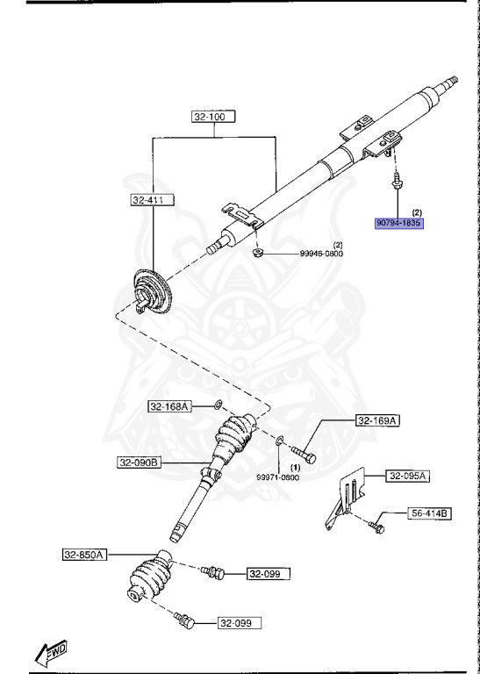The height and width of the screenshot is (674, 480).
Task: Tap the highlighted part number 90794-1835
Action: [399, 224]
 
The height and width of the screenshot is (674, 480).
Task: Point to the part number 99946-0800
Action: [321, 254]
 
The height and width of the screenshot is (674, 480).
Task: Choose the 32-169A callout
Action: [377, 421]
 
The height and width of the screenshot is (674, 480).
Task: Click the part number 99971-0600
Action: [278, 477]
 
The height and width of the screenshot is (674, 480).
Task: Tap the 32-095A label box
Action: [405, 476]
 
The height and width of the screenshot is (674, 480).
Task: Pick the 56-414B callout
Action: [430, 513]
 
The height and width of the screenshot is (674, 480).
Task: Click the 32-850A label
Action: [84, 554]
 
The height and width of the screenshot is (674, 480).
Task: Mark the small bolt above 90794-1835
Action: [398, 183]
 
